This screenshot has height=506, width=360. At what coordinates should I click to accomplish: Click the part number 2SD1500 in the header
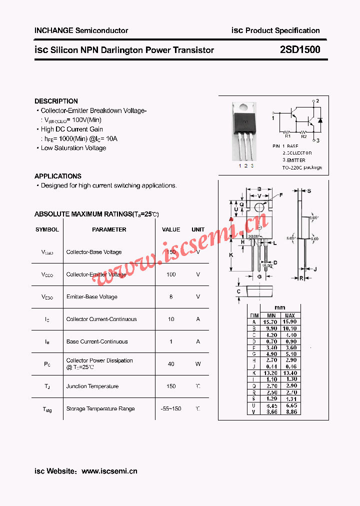click(300, 49)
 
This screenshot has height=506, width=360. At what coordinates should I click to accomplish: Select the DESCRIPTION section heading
click(56, 101)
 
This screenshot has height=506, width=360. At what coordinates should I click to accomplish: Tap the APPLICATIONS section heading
click(57, 176)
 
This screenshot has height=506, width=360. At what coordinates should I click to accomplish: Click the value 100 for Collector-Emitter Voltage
click(171, 274)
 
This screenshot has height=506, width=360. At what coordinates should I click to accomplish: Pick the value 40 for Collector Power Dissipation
click(171, 364)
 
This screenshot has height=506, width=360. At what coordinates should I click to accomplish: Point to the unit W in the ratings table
click(198, 364)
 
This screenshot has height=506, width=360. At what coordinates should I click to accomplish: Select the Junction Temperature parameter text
click(92, 386)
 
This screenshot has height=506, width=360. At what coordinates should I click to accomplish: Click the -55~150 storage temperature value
click(171, 408)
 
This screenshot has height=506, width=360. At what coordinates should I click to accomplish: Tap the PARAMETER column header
click(109, 229)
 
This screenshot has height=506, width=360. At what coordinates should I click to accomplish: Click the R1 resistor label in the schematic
click(288, 135)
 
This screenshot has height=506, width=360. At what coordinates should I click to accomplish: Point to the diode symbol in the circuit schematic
click(320, 120)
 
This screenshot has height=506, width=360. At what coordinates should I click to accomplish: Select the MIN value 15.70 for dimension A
click(271, 322)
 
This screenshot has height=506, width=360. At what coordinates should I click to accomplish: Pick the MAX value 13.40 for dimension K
click(290, 373)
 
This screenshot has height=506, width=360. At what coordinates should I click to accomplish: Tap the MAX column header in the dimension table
click(290, 315)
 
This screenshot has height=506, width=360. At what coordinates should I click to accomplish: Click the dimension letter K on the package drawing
click(231, 255)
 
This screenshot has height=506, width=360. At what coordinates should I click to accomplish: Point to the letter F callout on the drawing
click(280, 195)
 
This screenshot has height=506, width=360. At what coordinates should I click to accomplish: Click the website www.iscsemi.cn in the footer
click(109, 471)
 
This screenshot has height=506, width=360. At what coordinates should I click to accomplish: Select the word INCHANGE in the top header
click(53, 30)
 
